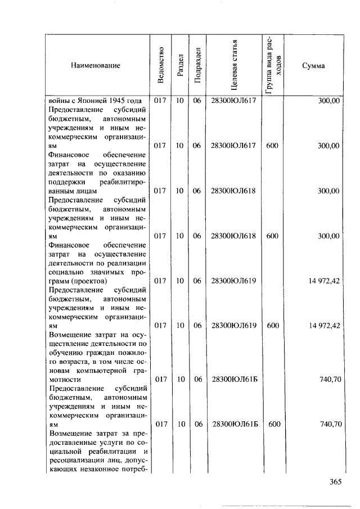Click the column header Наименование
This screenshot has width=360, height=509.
tap(96, 66)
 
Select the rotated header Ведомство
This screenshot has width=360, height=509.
tap(161, 66)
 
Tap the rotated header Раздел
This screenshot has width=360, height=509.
tap(180, 66)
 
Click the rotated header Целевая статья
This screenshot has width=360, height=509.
tap(233, 66)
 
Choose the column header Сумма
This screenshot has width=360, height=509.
tap(313, 66)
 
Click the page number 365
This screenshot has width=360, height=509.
tap(336, 481)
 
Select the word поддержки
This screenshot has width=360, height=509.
tap(69, 182)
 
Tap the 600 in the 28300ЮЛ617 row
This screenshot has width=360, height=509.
tap(272, 146)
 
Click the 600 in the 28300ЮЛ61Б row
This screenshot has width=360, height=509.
tap(274, 424)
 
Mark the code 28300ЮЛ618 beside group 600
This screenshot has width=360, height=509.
tap(233, 236)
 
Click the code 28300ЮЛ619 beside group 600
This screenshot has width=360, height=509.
tap(233, 325)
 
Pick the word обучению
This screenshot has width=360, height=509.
tap(66, 353)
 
